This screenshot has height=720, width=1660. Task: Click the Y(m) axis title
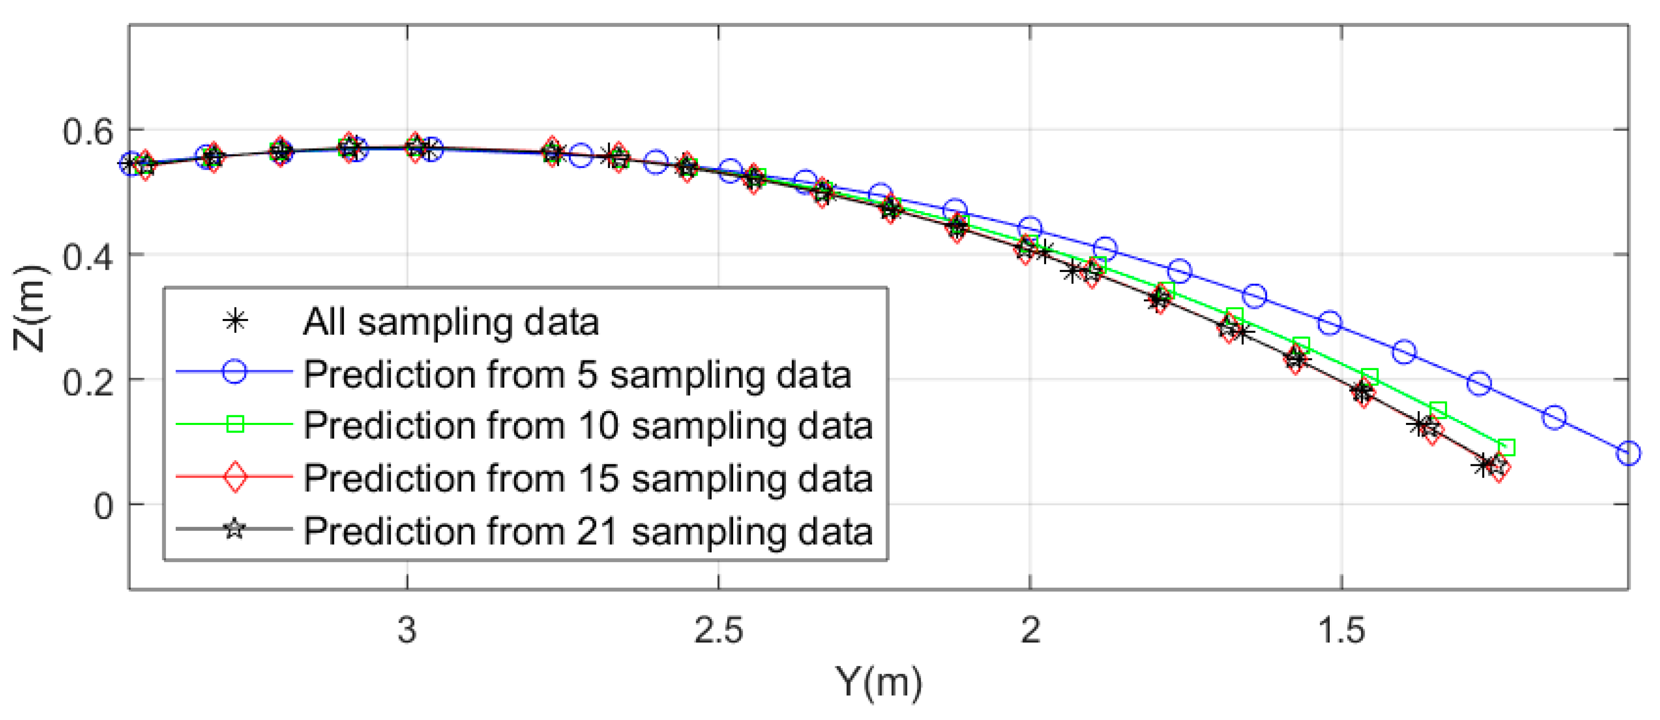coord(878,682)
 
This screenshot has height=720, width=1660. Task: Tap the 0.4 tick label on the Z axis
coord(88,257)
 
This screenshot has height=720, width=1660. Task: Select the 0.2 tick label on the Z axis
coord(88,382)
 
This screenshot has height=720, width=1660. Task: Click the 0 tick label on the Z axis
coord(104,507)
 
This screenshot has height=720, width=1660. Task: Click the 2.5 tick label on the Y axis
coord(719,630)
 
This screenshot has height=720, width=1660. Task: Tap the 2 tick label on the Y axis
coord(1030,630)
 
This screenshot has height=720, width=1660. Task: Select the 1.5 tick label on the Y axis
coord(1341,630)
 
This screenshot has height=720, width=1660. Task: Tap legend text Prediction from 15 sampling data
coord(588,478)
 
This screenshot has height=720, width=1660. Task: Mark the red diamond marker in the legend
coord(235,476)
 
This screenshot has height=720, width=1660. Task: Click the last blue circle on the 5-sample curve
coord(1628,453)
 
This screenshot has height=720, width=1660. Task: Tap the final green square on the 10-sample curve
coord(1506,447)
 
